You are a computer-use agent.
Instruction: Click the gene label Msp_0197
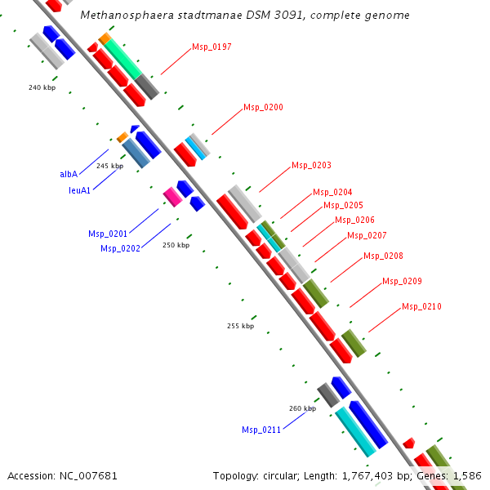tap(212, 47)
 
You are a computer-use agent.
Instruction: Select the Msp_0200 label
tap(263, 107)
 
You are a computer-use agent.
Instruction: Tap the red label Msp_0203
tap(311, 165)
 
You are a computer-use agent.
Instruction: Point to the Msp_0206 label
tap(354, 220)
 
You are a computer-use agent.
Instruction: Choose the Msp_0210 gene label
tap(421, 307)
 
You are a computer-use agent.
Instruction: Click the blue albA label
tap(69, 174)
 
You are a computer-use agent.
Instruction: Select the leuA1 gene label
tap(79, 190)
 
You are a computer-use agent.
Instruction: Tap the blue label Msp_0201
tap(108, 234)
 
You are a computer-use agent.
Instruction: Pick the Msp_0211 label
tap(261, 430)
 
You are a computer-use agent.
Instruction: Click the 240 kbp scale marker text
tap(42, 87)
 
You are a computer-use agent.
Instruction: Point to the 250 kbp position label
tap(176, 245)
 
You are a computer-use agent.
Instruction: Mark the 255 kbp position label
tap(240, 326)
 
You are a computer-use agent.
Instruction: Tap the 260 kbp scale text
tap(302, 408)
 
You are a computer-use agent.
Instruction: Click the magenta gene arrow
tap(172, 196)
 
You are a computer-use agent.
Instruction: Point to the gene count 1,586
tap(467, 475)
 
